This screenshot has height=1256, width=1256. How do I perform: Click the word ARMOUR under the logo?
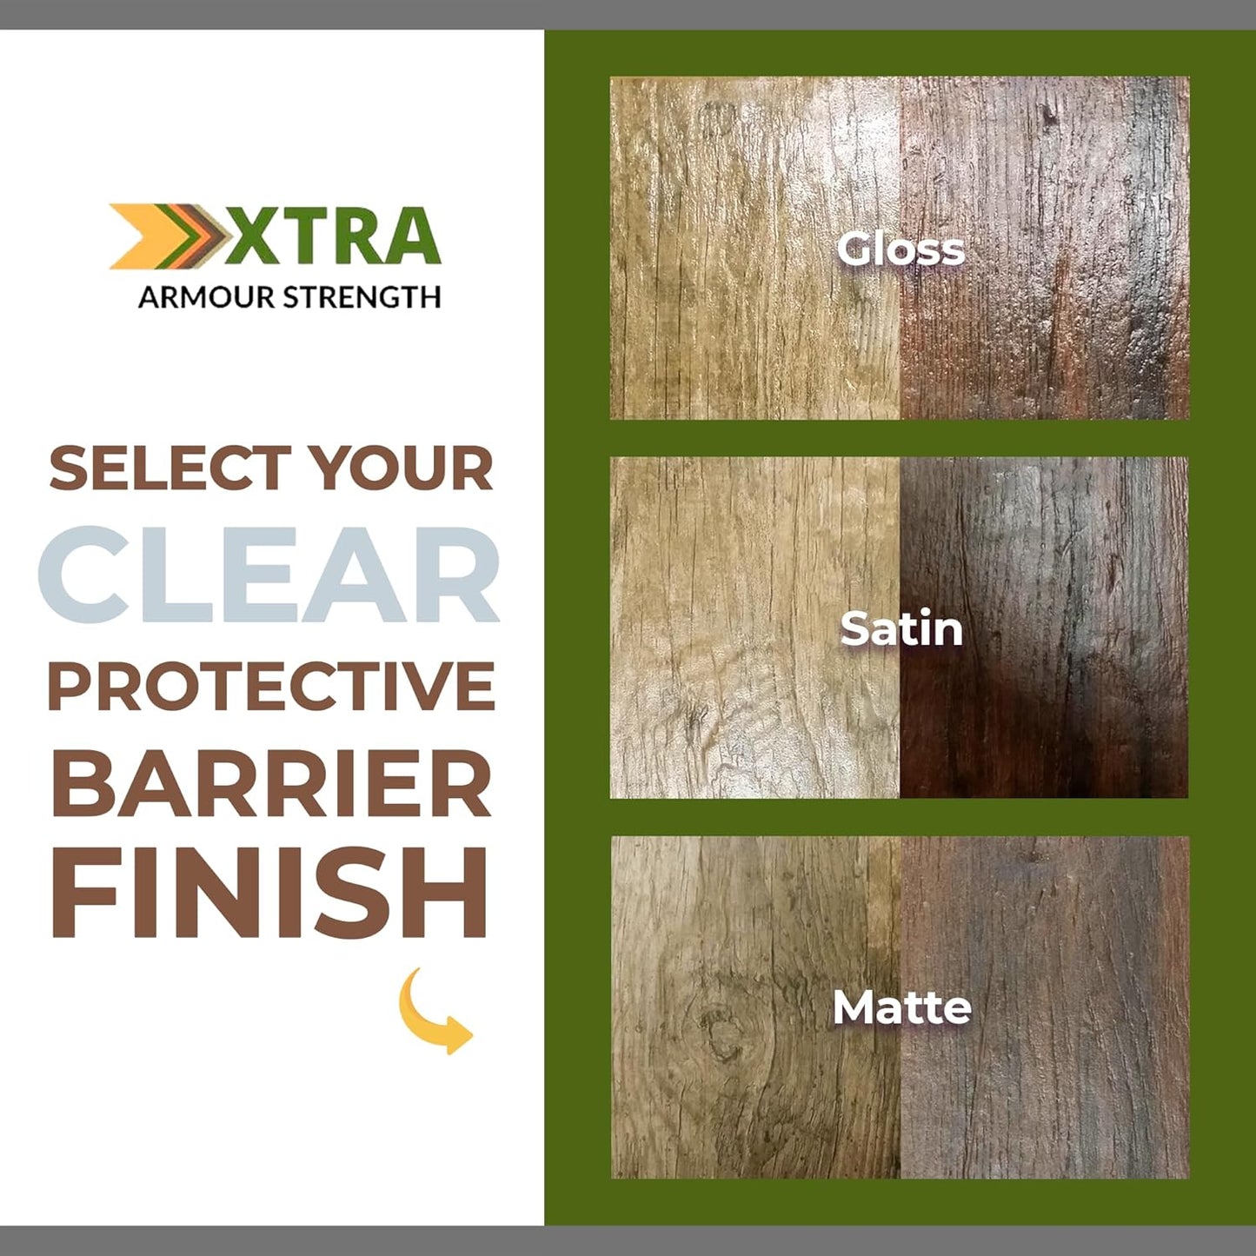(206, 297)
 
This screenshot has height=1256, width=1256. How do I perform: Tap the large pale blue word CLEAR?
(269, 575)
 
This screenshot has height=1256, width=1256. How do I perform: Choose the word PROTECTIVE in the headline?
(270, 686)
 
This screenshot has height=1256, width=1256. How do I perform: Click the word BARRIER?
(271, 783)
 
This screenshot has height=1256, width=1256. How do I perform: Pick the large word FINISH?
(269, 893)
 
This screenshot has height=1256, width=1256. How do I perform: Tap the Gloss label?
(900, 249)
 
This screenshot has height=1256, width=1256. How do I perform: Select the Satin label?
(901, 629)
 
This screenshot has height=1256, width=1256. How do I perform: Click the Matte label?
(901, 1008)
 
